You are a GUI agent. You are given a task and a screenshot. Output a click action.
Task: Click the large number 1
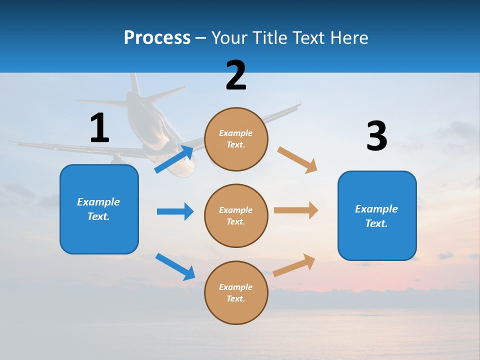(99, 128)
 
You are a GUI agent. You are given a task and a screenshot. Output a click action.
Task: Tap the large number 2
(236, 75)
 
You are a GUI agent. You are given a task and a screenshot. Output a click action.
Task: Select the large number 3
(376, 136)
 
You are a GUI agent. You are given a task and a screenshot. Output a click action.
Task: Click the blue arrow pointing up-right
(174, 159)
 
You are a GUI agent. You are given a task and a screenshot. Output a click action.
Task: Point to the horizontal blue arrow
(175, 211)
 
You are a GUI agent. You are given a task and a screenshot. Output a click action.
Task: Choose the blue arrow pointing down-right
(175, 266)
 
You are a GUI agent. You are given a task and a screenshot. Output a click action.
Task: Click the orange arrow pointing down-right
(297, 160)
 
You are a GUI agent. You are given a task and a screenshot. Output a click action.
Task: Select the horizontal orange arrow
(295, 210)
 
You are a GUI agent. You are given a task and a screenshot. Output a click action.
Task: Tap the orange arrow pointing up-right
(294, 265)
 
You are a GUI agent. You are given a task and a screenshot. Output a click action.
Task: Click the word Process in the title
(157, 37)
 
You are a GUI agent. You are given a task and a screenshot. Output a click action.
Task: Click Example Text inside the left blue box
(99, 209)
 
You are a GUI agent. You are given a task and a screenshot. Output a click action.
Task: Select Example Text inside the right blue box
(376, 216)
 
